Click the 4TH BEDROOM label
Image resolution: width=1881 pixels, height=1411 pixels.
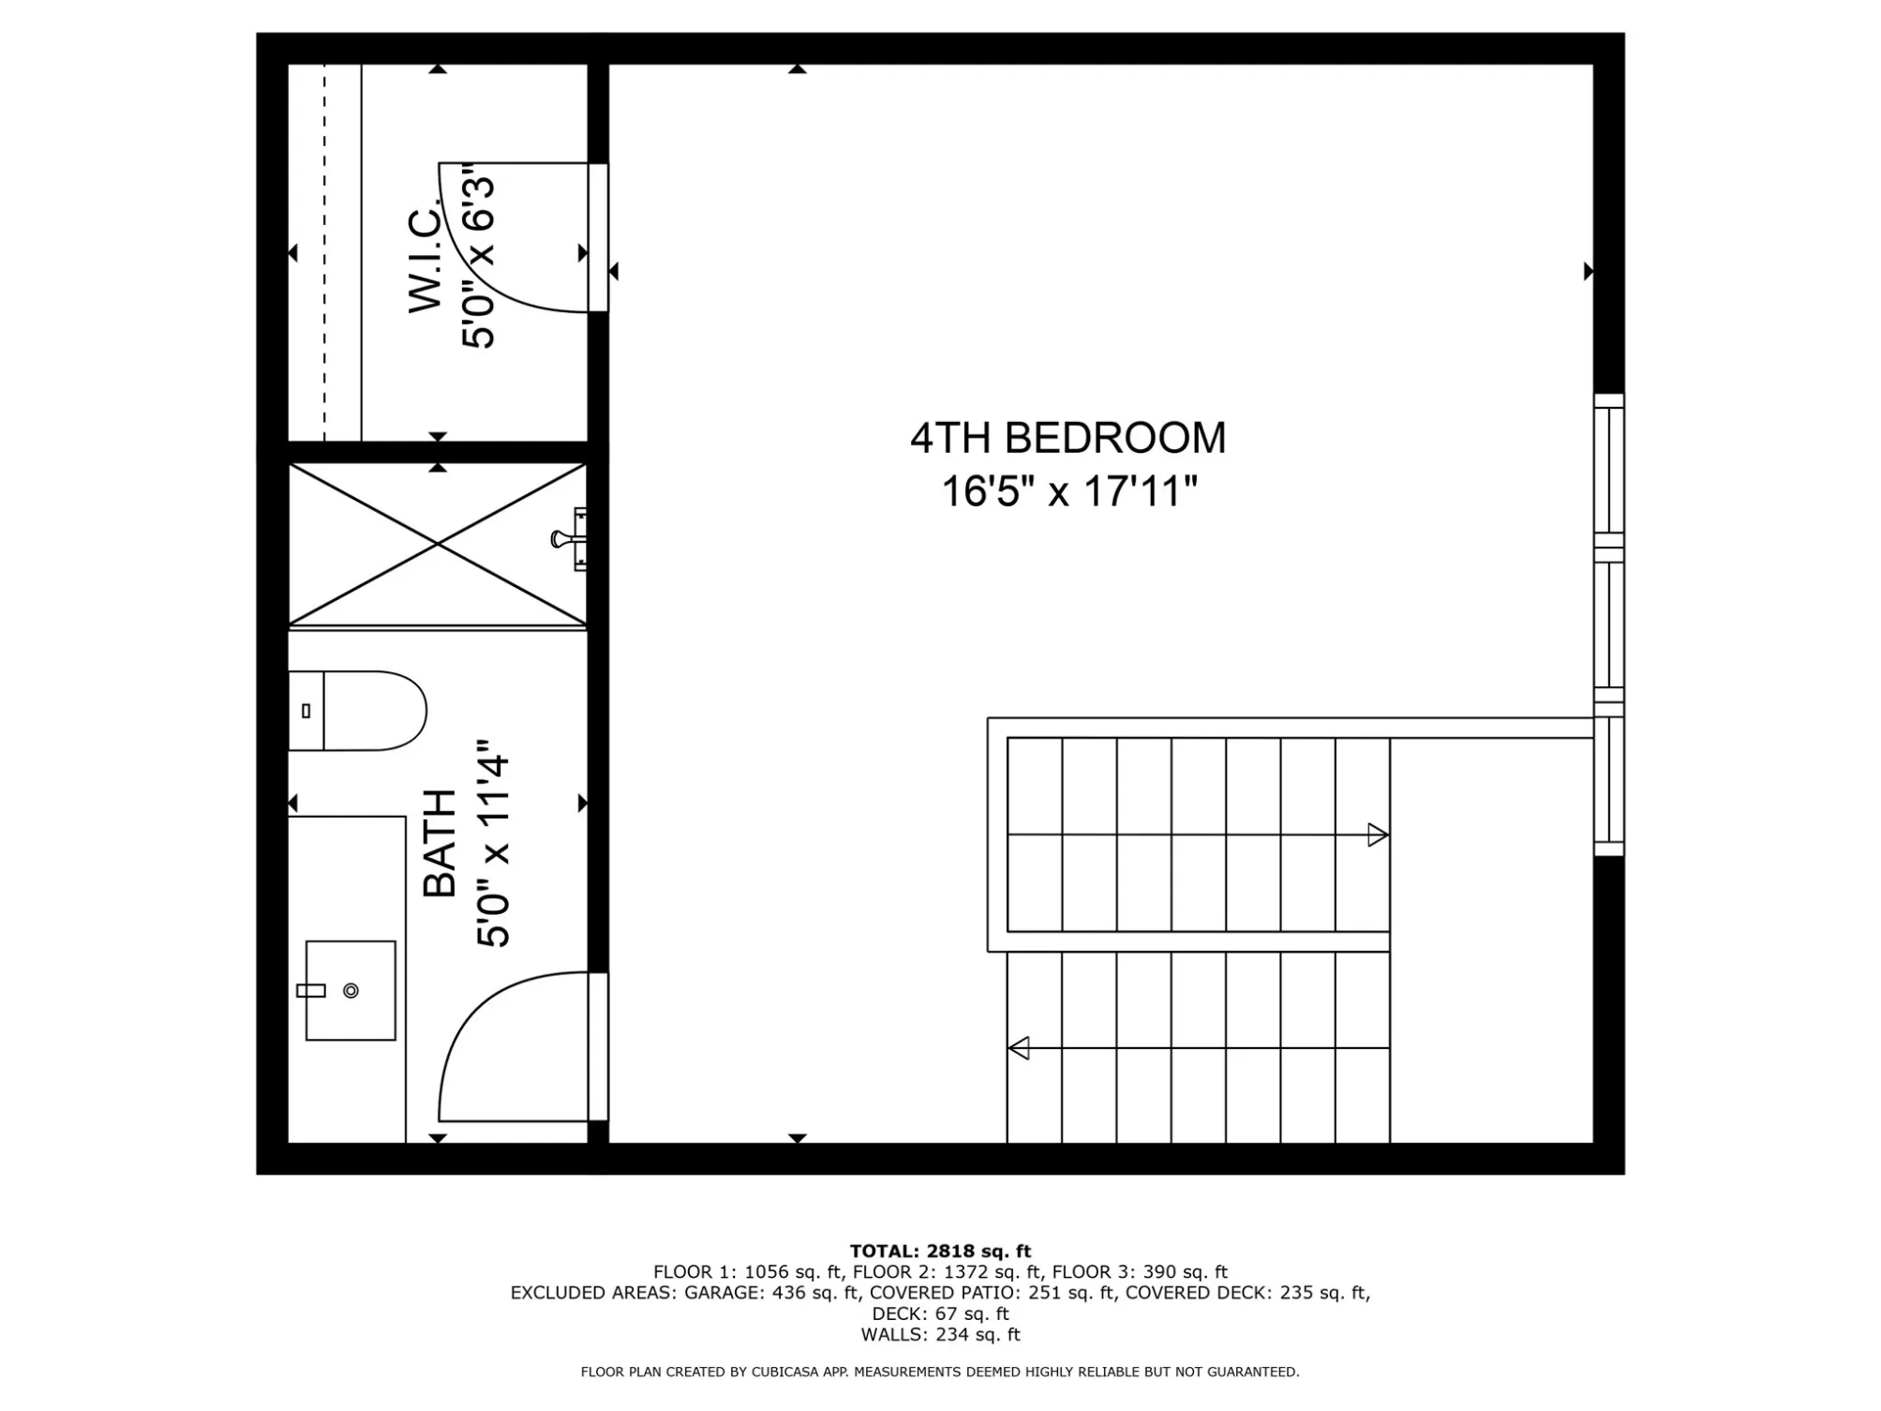(1067, 438)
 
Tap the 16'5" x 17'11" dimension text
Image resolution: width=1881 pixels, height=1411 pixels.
(1069, 491)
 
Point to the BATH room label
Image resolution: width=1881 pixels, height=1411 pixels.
(440, 844)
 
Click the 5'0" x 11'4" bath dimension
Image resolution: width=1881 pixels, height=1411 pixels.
(493, 844)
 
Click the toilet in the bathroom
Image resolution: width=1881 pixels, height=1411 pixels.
(357, 711)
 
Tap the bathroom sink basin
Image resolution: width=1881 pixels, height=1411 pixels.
(351, 990)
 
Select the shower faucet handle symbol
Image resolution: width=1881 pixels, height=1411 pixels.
(569, 539)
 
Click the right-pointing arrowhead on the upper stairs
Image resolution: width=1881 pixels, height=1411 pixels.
(1378, 834)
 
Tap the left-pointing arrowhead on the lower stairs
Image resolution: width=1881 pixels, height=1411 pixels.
(1019, 1048)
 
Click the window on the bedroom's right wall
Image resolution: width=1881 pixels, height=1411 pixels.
(1609, 624)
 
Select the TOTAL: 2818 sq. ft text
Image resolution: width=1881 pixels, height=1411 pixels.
(940, 1251)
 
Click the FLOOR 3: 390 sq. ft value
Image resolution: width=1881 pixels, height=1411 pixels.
(1140, 1272)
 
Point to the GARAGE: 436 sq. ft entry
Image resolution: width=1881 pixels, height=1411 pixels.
(771, 1293)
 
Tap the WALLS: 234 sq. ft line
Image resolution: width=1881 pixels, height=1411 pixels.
(940, 1334)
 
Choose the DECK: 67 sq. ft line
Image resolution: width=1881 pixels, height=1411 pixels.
(940, 1313)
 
